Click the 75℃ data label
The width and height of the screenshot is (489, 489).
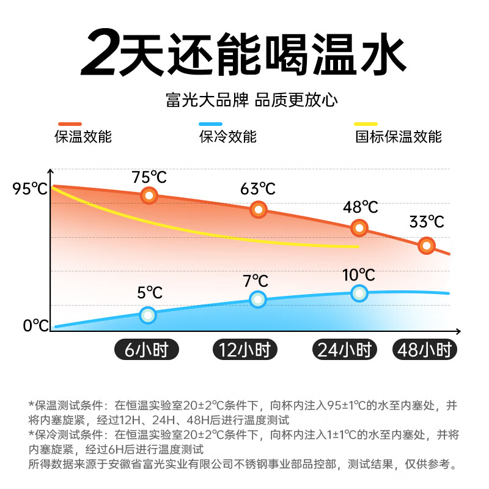(149, 178)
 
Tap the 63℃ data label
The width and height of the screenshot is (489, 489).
(258, 189)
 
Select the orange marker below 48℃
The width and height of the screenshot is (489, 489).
(359, 228)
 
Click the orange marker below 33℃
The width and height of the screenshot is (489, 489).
(427, 246)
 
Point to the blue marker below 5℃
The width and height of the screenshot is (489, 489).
(148, 315)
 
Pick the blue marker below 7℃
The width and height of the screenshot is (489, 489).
(258, 299)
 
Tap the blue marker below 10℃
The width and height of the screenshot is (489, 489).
(359, 293)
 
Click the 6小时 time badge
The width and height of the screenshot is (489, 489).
(146, 350)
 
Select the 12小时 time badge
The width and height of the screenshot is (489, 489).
(245, 350)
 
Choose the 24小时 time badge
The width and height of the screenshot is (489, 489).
(345, 350)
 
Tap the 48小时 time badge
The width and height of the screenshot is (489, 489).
(424, 350)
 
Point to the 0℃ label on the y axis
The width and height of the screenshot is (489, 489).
(35, 325)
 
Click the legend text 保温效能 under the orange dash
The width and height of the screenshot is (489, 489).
(83, 136)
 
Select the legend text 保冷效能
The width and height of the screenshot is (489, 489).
(227, 136)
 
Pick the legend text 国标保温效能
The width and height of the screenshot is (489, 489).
(399, 136)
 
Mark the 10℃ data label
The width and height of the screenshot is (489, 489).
(359, 275)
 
